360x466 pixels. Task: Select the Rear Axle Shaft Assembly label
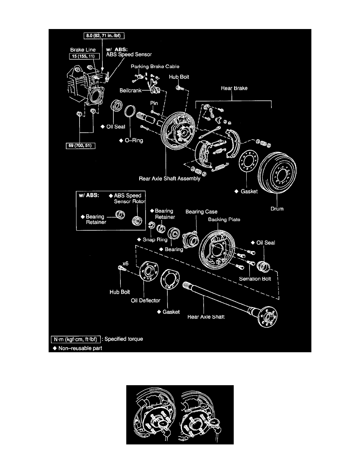pyautogui.click(x=169, y=178)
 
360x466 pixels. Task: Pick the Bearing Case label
pyautogui.click(x=201, y=211)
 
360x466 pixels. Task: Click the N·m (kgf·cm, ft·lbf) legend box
pyautogui.click(x=77, y=339)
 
